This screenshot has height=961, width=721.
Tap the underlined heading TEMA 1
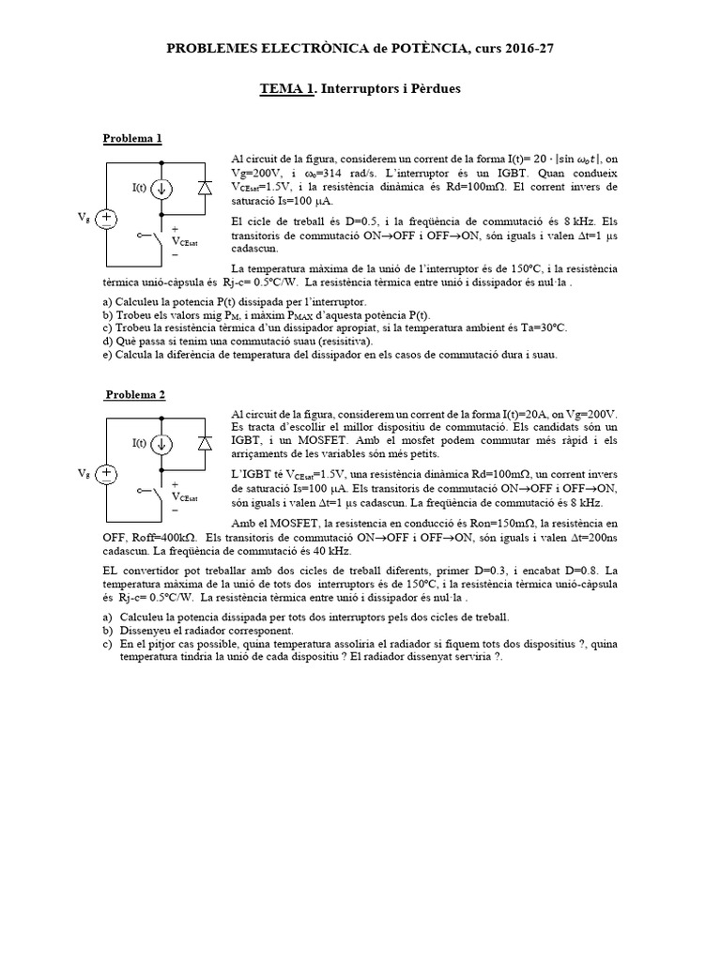tap(287, 88)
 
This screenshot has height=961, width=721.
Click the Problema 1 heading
tap(132, 139)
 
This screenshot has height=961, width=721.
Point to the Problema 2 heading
tap(134, 394)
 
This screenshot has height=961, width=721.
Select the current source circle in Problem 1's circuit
tap(163, 189)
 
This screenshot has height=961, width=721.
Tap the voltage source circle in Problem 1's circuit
tap(107, 220)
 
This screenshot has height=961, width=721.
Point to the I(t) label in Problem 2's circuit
tap(139, 442)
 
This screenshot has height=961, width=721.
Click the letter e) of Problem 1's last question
tap(106, 355)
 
